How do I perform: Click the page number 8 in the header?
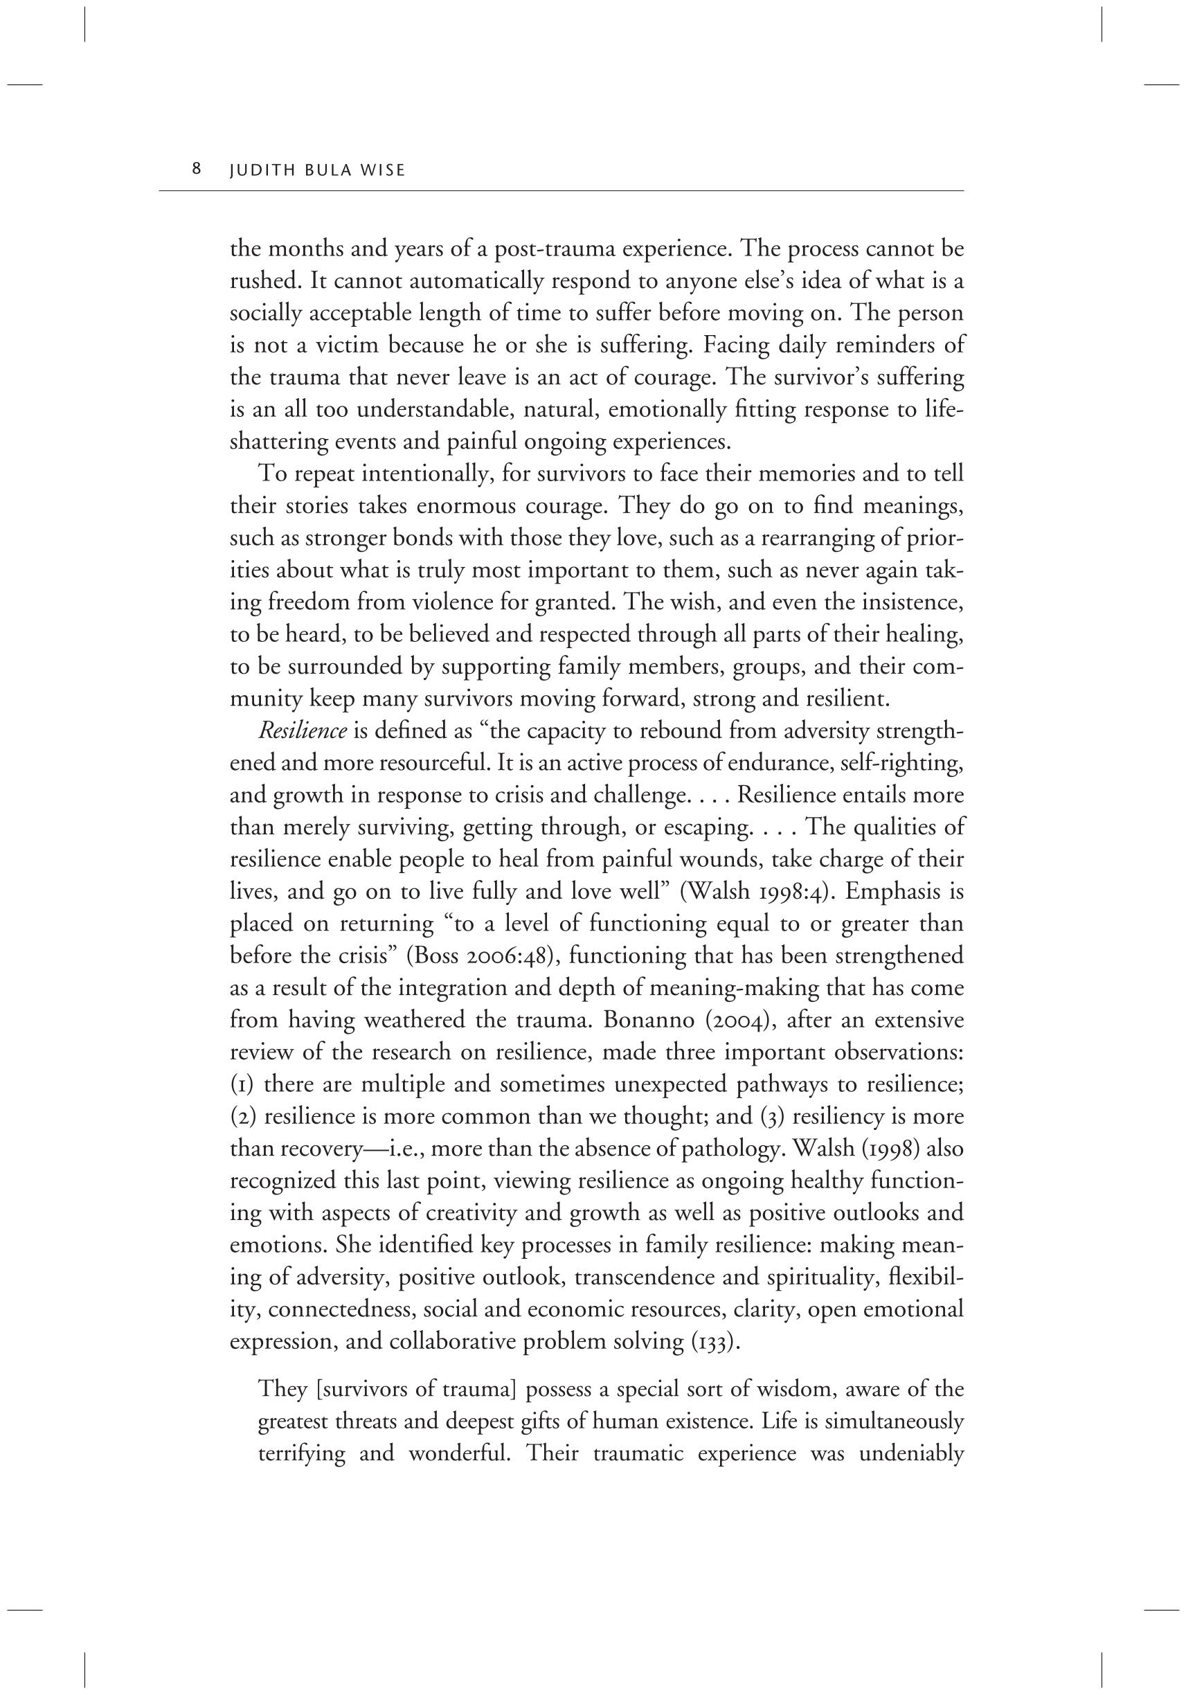pos(197,169)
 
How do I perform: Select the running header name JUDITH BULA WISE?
pos(317,170)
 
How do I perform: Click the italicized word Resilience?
pos(303,731)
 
